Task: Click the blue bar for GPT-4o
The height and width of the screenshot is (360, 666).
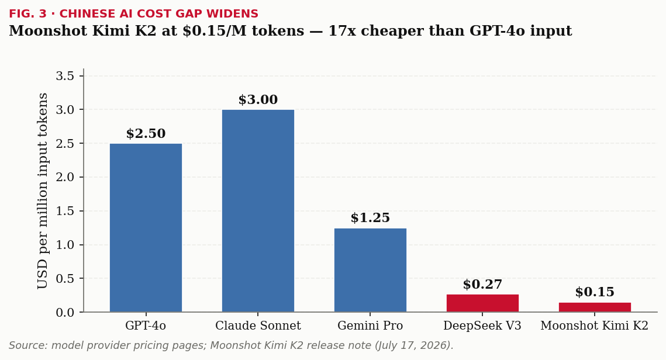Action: pos(146,227)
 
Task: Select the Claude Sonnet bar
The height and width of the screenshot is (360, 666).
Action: pos(258,211)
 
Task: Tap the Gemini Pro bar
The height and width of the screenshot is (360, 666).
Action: pos(370,270)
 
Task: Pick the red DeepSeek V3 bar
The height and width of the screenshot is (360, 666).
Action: pos(482,303)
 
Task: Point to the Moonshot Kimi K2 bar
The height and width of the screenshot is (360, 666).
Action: pos(595,307)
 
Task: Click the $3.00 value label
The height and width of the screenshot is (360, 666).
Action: pos(258,100)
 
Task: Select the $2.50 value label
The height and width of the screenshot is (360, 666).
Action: pos(146,134)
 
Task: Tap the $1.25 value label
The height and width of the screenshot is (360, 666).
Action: pos(370,218)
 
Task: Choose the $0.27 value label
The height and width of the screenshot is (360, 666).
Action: pos(482,285)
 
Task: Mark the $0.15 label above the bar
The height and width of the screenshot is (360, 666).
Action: pos(595,292)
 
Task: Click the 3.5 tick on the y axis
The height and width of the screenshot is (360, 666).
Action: pos(65,76)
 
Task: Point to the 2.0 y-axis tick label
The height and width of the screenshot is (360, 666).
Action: pos(65,177)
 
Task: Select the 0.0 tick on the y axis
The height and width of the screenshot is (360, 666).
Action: pos(65,313)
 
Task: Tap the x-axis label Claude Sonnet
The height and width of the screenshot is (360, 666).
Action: pos(258,326)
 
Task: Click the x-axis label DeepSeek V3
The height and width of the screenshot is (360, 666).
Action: pos(482,326)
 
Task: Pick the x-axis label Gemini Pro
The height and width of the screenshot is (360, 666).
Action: pos(370,326)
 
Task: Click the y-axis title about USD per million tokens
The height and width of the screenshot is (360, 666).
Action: pos(43,191)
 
